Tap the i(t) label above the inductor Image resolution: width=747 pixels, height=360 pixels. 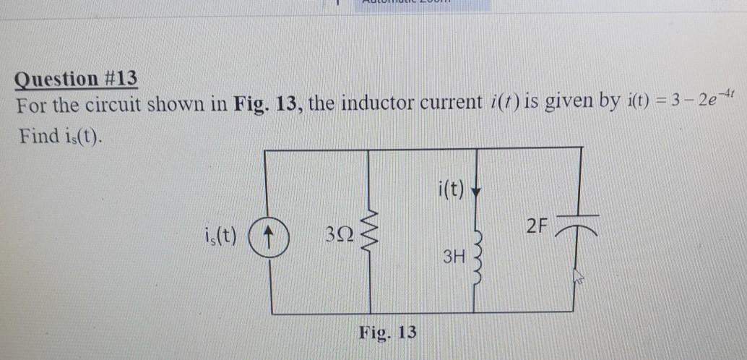pos(452,191)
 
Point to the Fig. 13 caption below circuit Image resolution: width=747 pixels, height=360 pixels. pos(388,333)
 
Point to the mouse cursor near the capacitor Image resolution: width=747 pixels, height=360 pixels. pos(577,278)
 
